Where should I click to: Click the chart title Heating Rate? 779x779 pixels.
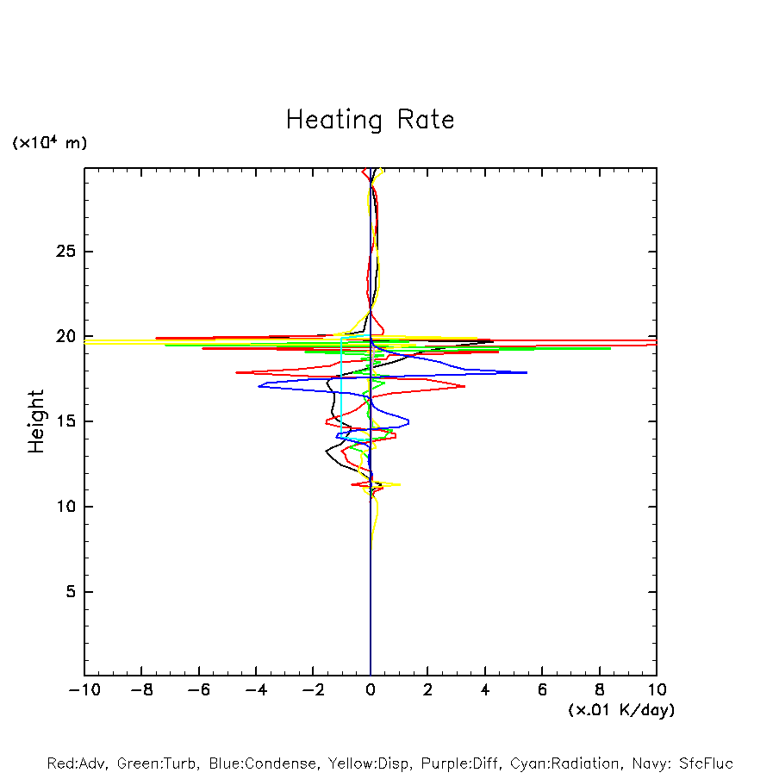[370, 120]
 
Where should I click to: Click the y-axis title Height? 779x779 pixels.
[36, 421]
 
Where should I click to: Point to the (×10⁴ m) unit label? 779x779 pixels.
[49, 143]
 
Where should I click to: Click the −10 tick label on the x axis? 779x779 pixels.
[84, 689]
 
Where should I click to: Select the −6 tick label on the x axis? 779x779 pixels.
[198, 689]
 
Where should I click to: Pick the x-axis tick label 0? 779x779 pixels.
[371, 689]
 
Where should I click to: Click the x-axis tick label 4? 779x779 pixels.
[485, 689]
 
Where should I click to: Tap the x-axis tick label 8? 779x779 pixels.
[600, 689]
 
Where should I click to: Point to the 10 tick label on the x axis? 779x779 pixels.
[656, 689]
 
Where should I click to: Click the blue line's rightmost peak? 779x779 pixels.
[526, 372]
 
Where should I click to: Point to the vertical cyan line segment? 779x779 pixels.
[341, 388]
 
